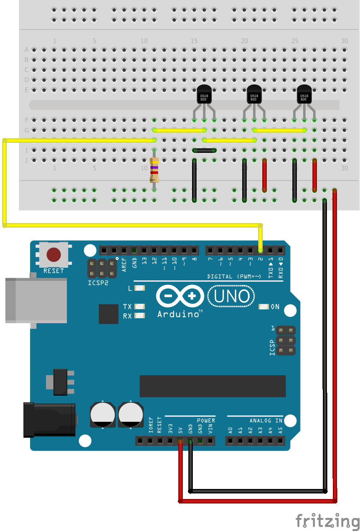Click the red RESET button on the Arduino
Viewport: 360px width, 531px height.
53,255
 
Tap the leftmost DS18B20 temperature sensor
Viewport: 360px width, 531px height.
204,94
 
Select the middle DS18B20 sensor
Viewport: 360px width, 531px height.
254,94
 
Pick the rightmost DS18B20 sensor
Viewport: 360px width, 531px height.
304,94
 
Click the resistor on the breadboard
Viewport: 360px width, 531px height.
154,170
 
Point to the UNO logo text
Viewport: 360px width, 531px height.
231,296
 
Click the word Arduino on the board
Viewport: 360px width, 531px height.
178,314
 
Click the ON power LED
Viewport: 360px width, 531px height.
263,307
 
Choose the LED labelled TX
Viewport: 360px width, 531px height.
139,306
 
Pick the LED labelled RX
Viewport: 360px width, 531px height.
139,316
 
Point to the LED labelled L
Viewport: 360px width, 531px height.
139,288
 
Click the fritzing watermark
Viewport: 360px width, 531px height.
327,520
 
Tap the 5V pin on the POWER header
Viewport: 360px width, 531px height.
180,441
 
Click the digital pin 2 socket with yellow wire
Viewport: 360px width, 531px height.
260,250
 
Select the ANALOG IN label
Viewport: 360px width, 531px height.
266,421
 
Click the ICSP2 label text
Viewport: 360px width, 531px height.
98,283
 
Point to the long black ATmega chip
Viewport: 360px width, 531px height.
213,386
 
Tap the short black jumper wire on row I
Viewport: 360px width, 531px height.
204,151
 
